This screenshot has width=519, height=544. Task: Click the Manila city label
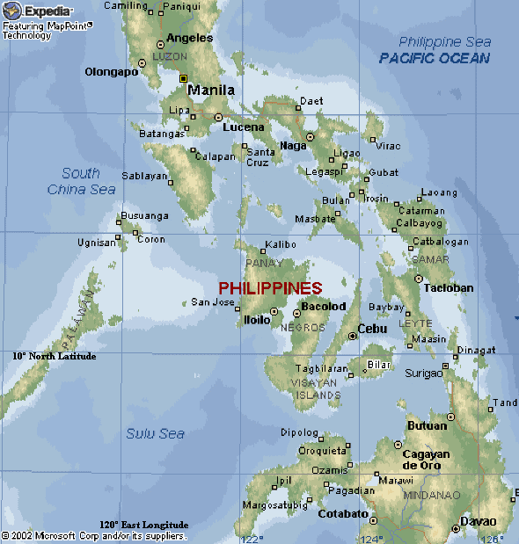point(211,90)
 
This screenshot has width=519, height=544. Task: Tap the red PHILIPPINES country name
point(270,288)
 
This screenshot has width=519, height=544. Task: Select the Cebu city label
point(372,329)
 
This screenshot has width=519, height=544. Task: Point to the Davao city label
point(479,521)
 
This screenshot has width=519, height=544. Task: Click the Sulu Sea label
point(155,433)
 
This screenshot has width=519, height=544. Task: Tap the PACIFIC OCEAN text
point(434,58)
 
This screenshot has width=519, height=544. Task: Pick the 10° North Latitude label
point(55,356)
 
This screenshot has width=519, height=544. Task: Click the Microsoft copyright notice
point(94,534)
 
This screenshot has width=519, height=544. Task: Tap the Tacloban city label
point(449,287)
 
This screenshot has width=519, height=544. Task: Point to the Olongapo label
point(112,72)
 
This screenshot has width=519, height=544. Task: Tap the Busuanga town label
point(144,215)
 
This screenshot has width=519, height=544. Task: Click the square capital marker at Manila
point(184,79)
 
